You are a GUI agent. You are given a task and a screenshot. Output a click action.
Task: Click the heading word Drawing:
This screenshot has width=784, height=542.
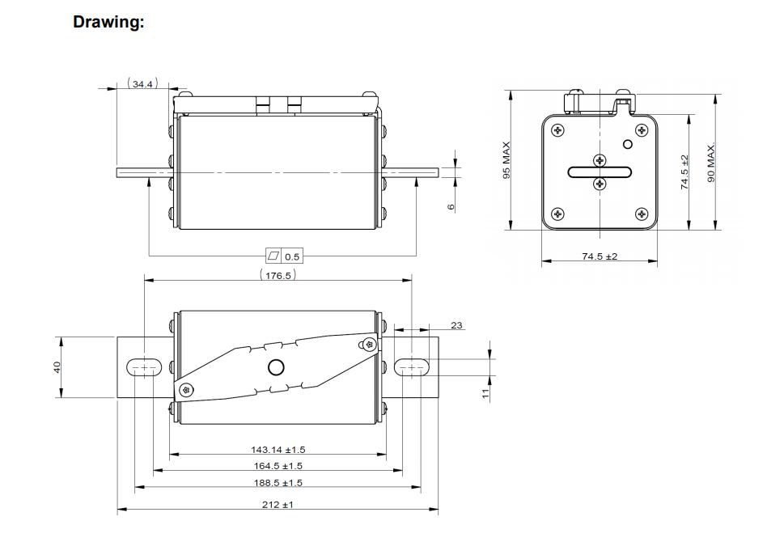click(x=108, y=22)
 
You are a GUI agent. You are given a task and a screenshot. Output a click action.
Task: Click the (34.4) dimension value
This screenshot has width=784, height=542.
click(x=143, y=83)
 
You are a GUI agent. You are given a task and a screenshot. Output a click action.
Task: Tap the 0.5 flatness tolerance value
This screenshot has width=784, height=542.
click(x=292, y=256)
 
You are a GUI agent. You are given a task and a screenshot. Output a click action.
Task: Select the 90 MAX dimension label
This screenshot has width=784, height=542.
click(x=710, y=163)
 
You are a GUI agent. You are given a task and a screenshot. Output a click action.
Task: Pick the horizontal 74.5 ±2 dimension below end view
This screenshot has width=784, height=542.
click(x=600, y=256)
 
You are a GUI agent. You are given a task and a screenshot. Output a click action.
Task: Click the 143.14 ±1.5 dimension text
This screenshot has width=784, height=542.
click(x=278, y=449)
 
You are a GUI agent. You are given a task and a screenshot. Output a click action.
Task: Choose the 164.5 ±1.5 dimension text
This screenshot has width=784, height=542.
click(x=278, y=465)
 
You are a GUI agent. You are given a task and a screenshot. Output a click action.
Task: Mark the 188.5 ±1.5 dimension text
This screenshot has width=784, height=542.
click(x=278, y=482)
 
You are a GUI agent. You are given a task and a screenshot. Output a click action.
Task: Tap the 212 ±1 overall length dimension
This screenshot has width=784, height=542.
click(x=278, y=504)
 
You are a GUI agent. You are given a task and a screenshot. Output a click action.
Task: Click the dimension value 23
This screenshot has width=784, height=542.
click(x=457, y=325)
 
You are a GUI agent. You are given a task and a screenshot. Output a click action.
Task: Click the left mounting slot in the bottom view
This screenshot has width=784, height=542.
click(x=145, y=368)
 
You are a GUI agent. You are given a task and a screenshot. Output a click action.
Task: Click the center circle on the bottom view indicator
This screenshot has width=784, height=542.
click(x=276, y=368)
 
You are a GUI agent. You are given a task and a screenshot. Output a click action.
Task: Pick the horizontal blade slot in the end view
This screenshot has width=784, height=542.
click(x=600, y=171)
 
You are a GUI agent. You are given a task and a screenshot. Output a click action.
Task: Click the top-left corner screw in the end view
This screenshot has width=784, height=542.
click(x=557, y=129)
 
